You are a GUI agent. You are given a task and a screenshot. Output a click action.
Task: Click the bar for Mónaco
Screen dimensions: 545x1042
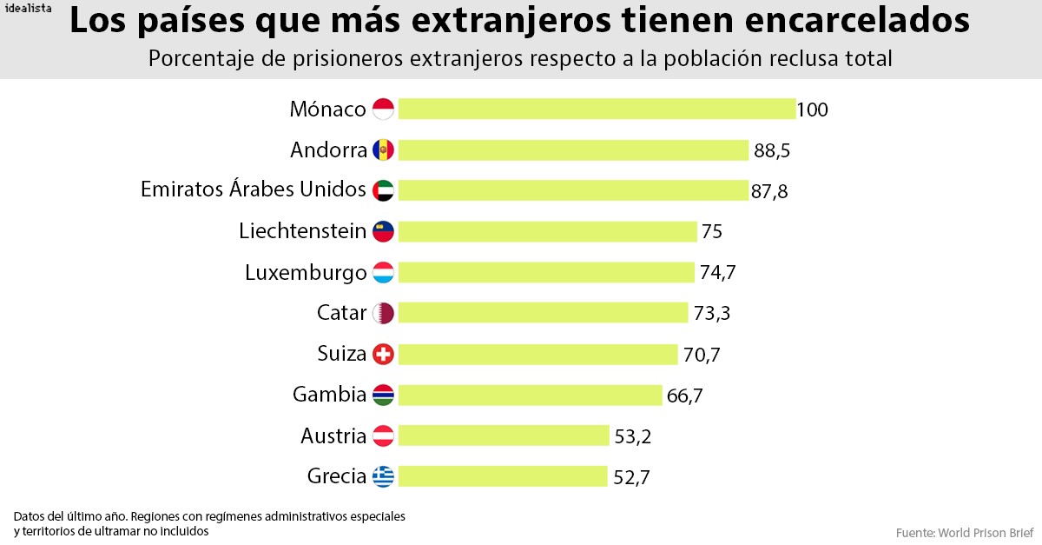(597, 109)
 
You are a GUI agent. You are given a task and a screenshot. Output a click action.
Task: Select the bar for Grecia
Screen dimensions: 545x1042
(503, 476)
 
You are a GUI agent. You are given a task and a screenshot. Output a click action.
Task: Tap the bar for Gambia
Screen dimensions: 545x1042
(530, 395)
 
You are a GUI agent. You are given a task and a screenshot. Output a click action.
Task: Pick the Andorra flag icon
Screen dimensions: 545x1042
(383, 150)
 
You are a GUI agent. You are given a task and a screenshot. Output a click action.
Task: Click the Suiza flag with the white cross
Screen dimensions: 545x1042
(383, 355)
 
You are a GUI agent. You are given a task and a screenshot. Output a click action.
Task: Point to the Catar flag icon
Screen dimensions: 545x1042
(383, 313)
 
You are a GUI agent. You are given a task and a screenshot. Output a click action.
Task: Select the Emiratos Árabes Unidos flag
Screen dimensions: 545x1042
(383, 190)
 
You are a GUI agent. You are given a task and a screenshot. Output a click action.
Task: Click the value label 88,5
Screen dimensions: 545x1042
(772, 150)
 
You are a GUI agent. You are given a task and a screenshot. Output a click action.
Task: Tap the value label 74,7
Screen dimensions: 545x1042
(718, 272)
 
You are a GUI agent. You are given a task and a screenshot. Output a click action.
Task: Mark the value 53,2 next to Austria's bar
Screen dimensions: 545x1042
(633, 436)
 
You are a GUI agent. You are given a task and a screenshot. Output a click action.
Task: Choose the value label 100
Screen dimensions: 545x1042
(813, 110)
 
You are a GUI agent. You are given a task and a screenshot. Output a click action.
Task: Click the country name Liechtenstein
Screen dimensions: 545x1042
(302, 231)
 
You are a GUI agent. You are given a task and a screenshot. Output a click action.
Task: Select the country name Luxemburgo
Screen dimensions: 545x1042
(306, 272)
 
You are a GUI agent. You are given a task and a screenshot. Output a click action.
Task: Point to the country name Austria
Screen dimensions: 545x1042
(333, 435)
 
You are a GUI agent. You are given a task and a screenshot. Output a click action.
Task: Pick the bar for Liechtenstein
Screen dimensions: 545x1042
(547, 231)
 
